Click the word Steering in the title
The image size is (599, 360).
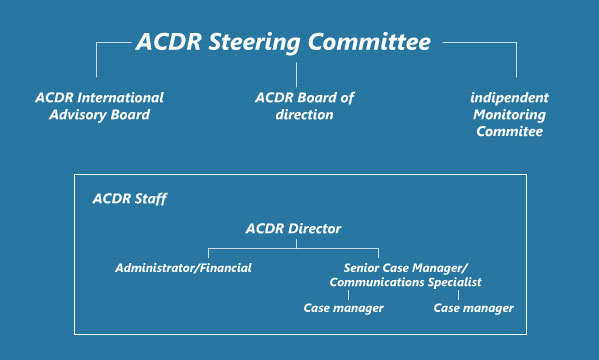[x=254, y=43]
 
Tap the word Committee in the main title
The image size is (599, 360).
[x=369, y=42]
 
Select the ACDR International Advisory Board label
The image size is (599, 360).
[x=100, y=106]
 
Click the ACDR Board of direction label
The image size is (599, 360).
[x=304, y=106]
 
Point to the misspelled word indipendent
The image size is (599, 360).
[x=509, y=98]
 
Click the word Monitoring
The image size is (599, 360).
[x=509, y=115]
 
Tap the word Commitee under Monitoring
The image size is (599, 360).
[x=509, y=131]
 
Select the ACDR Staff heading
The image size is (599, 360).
[x=130, y=199]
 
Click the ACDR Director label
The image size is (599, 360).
[x=293, y=229]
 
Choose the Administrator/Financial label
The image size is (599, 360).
[x=183, y=268]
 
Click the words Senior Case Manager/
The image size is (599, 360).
[x=405, y=268]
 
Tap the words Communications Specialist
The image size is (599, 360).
[x=405, y=282]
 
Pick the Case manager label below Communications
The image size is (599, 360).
[x=343, y=308]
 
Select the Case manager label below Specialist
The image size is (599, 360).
[x=473, y=308]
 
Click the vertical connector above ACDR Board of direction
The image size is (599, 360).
[x=296, y=75]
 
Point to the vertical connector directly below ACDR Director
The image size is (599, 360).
[x=296, y=244]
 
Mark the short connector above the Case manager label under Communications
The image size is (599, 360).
[x=348, y=295]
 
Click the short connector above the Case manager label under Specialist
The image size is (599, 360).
[x=458, y=295]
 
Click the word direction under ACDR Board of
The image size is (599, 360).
[x=304, y=115]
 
